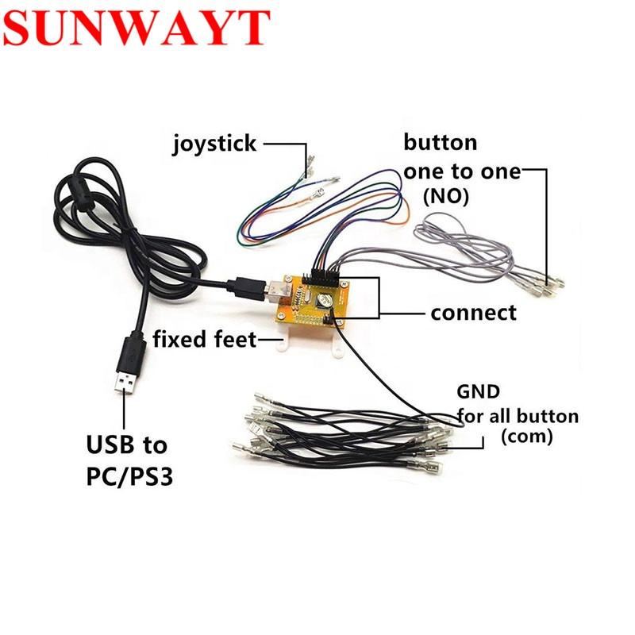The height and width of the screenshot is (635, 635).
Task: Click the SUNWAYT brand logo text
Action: (137, 29)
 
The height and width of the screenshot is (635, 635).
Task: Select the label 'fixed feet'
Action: (205, 341)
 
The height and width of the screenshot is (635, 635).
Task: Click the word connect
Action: (473, 313)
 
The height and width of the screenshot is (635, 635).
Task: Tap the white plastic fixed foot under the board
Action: (306, 342)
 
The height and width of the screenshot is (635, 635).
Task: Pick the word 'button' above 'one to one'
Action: (441, 143)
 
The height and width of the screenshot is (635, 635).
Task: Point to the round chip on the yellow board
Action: (325, 300)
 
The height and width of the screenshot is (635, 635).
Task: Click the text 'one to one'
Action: (462, 171)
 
